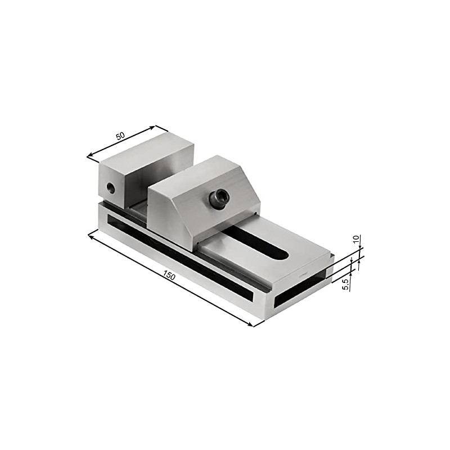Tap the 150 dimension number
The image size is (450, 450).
pyautogui.click(x=169, y=276)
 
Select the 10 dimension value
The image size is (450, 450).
pyautogui.click(x=355, y=239)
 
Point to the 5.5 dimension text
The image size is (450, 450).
pyautogui.click(x=346, y=283)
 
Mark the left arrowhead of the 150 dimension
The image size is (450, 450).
pyautogui.click(x=91, y=235)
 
